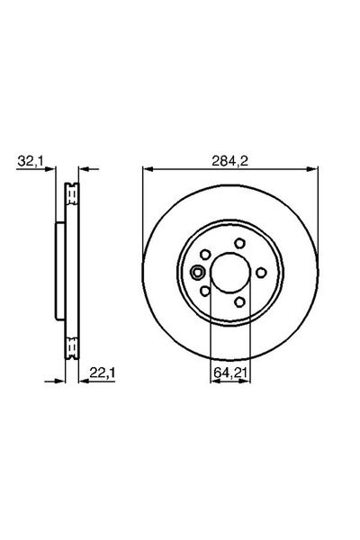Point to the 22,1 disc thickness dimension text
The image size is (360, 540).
click(x=98, y=366)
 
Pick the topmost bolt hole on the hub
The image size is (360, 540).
click(x=238, y=242)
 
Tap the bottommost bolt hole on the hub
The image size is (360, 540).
click(x=238, y=301)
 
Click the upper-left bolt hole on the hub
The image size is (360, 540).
click(x=204, y=254)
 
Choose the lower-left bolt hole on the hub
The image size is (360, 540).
click(x=204, y=291)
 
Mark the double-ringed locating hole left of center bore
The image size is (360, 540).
click(x=198, y=272)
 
